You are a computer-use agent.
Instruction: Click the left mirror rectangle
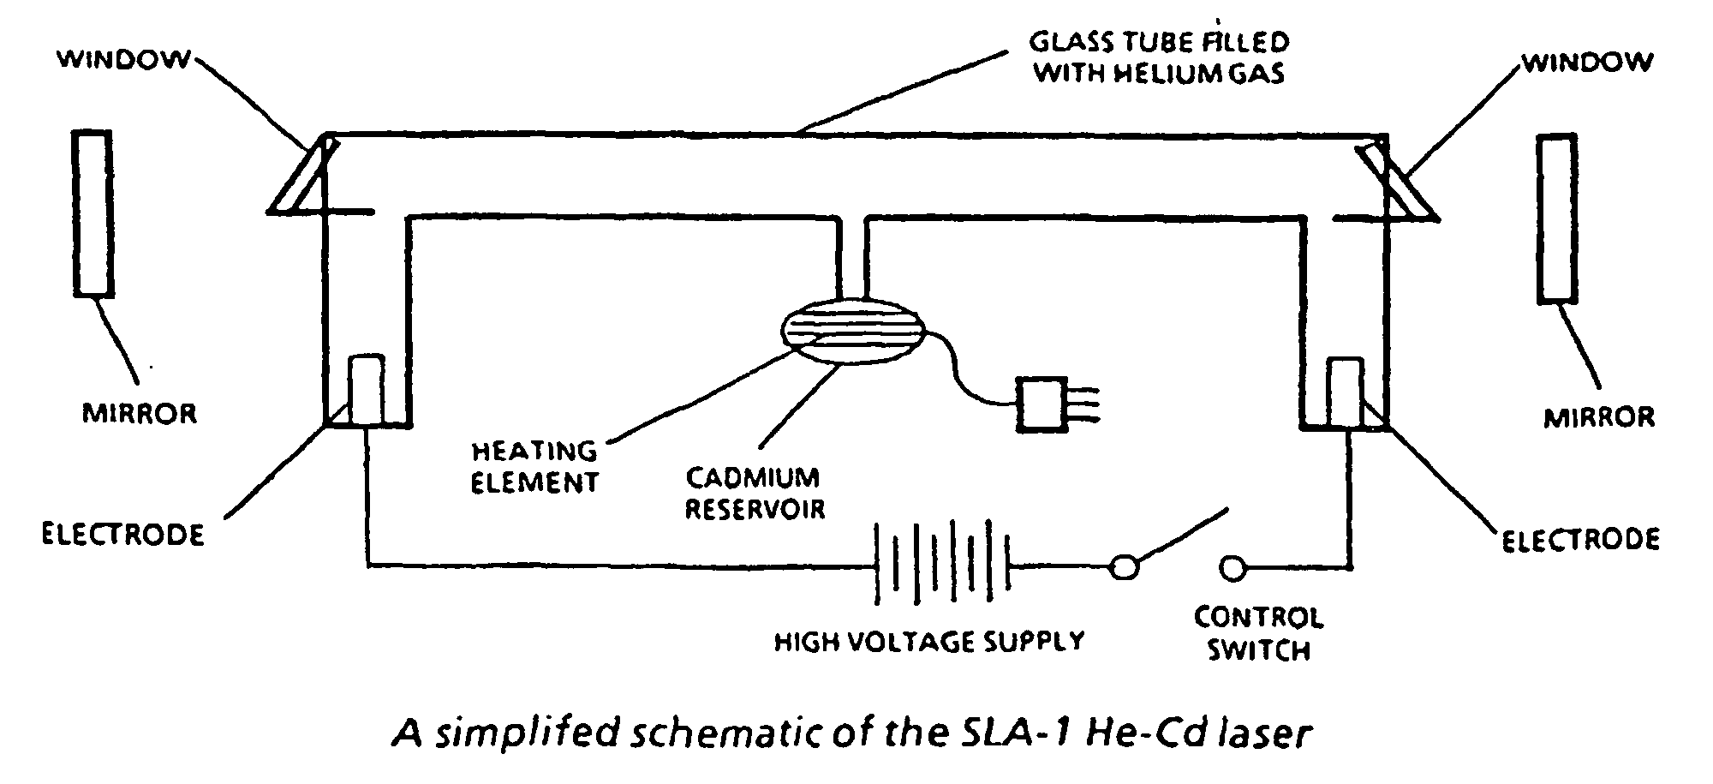pos(93,213)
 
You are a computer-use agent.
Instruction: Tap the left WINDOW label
pos(124,60)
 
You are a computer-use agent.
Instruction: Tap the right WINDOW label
pos(1587,62)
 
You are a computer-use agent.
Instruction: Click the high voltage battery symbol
pos(942,565)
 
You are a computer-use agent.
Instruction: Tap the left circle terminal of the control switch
pos(1124,567)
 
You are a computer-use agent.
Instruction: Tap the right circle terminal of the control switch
pos(1233,568)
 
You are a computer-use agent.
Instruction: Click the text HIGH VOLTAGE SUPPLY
pos(929,641)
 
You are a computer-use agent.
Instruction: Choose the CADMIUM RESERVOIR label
pos(754,493)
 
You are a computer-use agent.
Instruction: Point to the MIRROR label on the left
pos(140,413)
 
